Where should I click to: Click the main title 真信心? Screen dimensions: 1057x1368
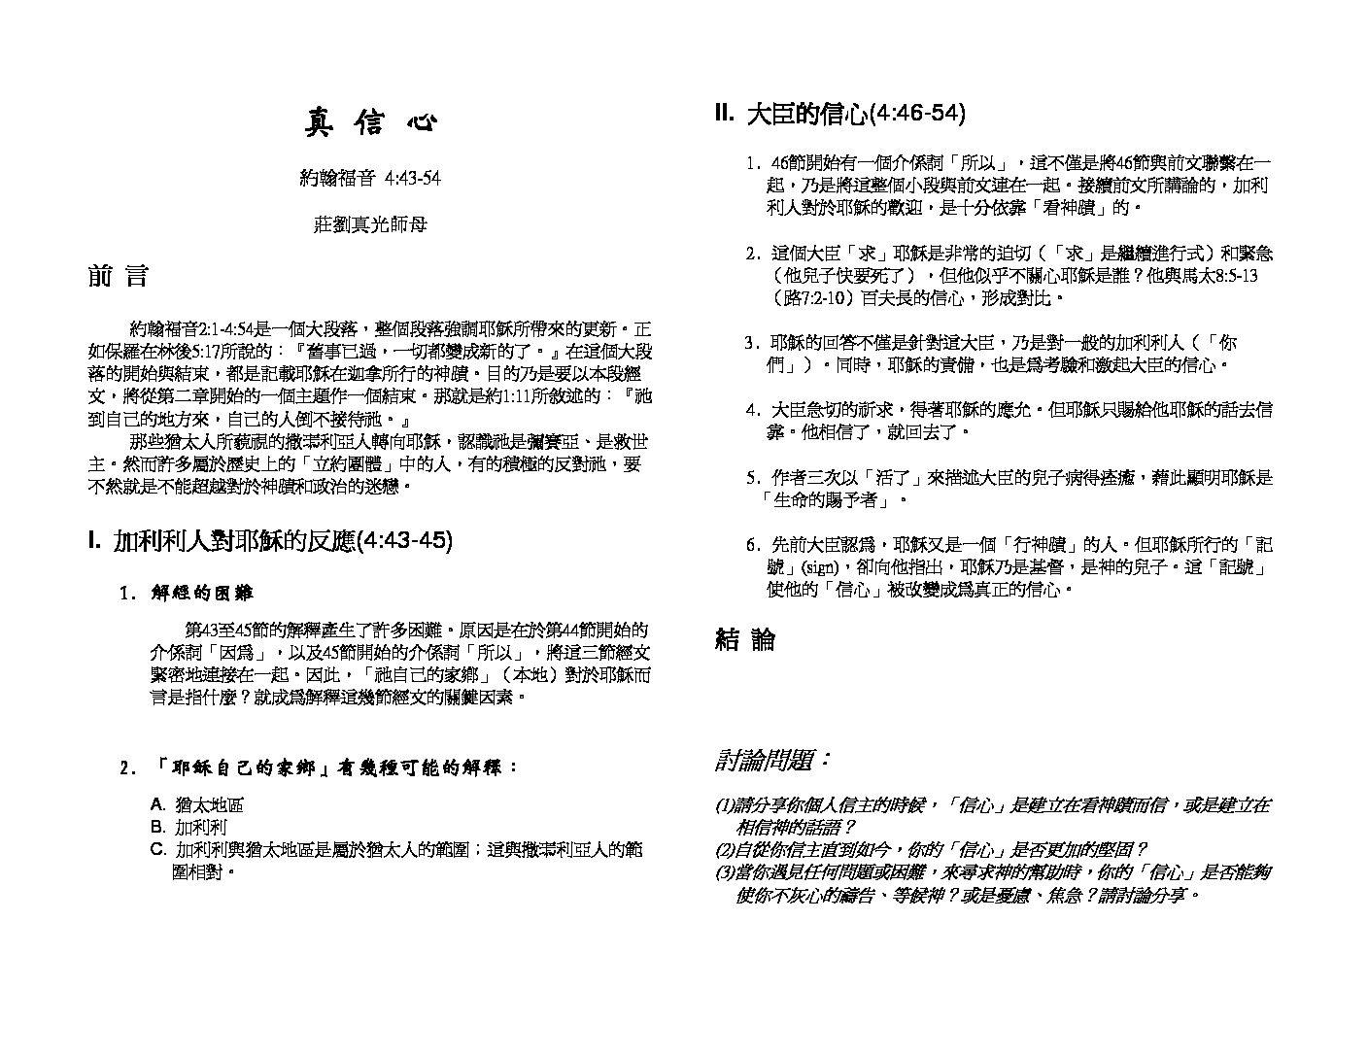tap(371, 123)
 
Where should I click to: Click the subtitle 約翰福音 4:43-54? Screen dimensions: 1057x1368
tap(370, 178)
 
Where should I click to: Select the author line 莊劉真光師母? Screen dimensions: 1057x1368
tap(370, 224)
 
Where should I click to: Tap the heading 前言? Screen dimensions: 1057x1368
tap(118, 276)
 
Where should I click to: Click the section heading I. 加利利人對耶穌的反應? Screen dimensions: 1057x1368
tap(270, 541)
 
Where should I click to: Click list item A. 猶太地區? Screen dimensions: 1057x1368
tap(196, 804)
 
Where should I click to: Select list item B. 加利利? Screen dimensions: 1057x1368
tap(188, 828)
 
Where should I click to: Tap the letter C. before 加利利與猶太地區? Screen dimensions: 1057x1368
tap(158, 851)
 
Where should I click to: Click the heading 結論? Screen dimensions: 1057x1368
tap(745, 639)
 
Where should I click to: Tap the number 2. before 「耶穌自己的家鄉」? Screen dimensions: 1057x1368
tap(125, 768)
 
